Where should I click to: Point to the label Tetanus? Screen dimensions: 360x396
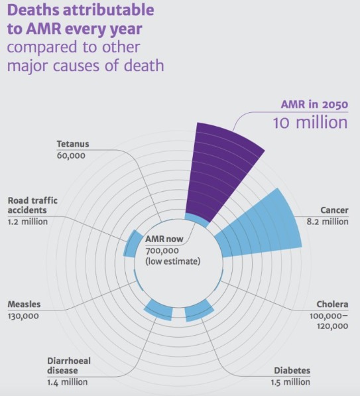pos(73,144)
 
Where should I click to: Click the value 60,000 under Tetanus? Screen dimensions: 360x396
pos(71,156)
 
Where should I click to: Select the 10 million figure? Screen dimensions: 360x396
pos(310,123)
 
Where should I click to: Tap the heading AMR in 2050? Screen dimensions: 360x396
pos(314,104)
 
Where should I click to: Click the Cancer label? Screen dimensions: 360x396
pos(334,210)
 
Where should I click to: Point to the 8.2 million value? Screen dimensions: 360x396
pos(328,222)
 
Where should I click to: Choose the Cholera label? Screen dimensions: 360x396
pos(332,304)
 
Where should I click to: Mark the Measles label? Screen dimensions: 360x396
pos(25,304)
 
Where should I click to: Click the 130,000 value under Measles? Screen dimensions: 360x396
pos(23,316)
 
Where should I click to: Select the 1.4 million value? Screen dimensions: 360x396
pos(68,382)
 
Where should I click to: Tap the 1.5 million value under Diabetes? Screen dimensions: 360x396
pos(290,382)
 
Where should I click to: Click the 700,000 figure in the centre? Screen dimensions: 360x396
pos(162,251)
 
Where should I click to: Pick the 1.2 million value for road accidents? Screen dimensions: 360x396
pos(28,222)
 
